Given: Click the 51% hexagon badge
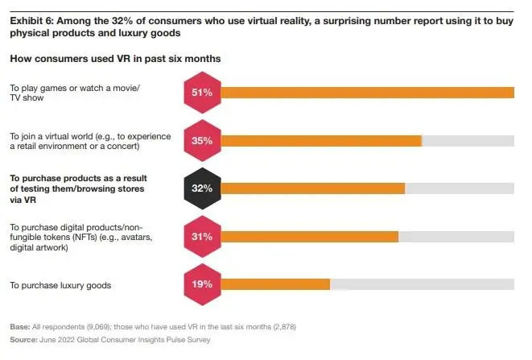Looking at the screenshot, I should point(201,93).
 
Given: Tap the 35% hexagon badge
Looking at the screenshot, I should point(201,140).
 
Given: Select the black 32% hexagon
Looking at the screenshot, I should point(201,188).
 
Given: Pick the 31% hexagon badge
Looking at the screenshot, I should point(201,237).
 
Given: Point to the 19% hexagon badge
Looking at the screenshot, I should point(201,284).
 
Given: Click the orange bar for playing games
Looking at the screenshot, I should point(366,93).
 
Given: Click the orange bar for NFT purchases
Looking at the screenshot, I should point(309,237).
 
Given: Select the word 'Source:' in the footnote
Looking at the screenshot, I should point(24,340).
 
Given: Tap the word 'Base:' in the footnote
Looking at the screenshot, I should point(19,329).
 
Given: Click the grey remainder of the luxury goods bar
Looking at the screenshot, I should point(423,284).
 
